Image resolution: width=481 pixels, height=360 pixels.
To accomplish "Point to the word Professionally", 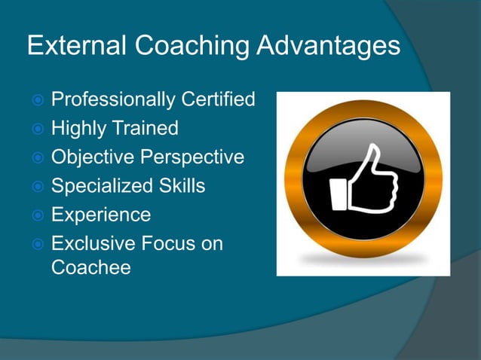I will point(113,99).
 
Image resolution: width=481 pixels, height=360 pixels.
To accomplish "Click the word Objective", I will point(88,157).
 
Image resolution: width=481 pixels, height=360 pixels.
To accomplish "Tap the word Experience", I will point(101,215).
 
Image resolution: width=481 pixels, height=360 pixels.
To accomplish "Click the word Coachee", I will point(90,267).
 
